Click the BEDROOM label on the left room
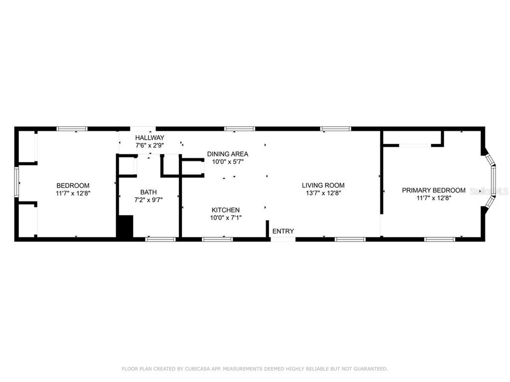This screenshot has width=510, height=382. [x=73, y=186]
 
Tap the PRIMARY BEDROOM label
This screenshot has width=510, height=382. [x=434, y=191]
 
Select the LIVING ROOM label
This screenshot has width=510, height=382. [x=323, y=186]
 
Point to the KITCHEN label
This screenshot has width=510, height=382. [x=226, y=210]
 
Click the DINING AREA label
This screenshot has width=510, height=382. [x=228, y=154]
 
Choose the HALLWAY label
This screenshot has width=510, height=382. [x=149, y=138]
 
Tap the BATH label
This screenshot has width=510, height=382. [x=148, y=192]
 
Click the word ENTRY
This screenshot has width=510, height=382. [x=283, y=231]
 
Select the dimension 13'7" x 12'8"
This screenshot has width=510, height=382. [x=323, y=193]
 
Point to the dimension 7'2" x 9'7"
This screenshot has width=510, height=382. [x=148, y=200]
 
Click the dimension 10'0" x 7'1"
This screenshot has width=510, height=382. [x=226, y=218]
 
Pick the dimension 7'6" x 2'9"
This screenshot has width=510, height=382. [x=149, y=146]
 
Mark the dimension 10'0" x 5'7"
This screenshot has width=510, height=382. [x=228, y=162]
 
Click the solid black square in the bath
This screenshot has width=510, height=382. [x=125, y=226]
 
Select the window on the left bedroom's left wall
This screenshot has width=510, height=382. [x=16, y=182]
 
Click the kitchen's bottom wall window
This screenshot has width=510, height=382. [x=217, y=239]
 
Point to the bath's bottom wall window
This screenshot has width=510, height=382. [x=160, y=239]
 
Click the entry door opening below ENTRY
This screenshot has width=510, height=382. [x=283, y=239]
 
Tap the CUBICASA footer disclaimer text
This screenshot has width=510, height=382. [x=255, y=369]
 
